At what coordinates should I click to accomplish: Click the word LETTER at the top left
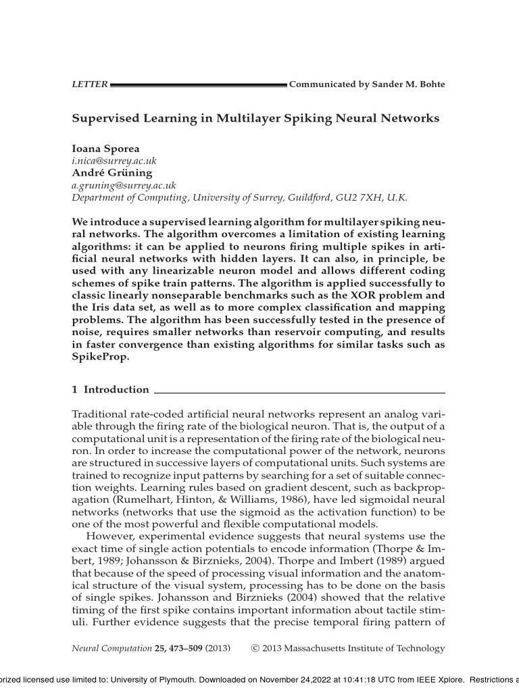click(90, 84)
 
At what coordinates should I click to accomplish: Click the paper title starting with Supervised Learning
click(255, 118)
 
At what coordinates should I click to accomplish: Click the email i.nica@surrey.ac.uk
click(114, 162)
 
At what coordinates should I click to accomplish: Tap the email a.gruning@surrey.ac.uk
click(124, 185)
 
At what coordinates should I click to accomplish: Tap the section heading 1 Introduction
click(111, 389)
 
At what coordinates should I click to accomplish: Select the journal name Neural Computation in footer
click(112, 649)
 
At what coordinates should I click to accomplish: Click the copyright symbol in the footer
click(254, 649)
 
